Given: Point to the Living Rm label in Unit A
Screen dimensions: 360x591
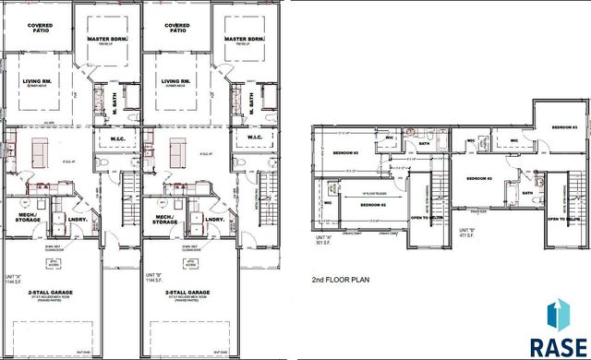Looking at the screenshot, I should tap(38, 82).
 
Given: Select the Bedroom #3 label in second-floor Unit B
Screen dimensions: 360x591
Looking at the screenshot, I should tap(564, 126).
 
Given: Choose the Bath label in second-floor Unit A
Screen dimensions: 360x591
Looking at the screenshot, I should tap(426, 143).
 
